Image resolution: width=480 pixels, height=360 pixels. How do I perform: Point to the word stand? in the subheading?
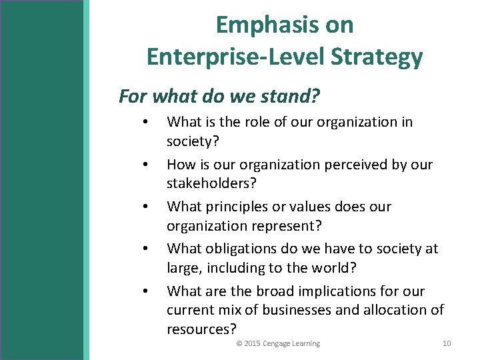[x=287, y=97]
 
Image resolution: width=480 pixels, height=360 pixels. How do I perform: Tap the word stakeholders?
[x=210, y=183]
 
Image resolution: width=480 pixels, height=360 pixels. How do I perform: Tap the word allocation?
[x=393, y=310]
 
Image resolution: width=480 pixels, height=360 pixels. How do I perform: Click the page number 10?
[x=447, y=344]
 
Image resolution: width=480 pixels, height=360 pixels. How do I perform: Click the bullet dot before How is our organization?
[x=145, y=165]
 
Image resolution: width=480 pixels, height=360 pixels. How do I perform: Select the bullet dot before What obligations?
[x=145, y=249]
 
